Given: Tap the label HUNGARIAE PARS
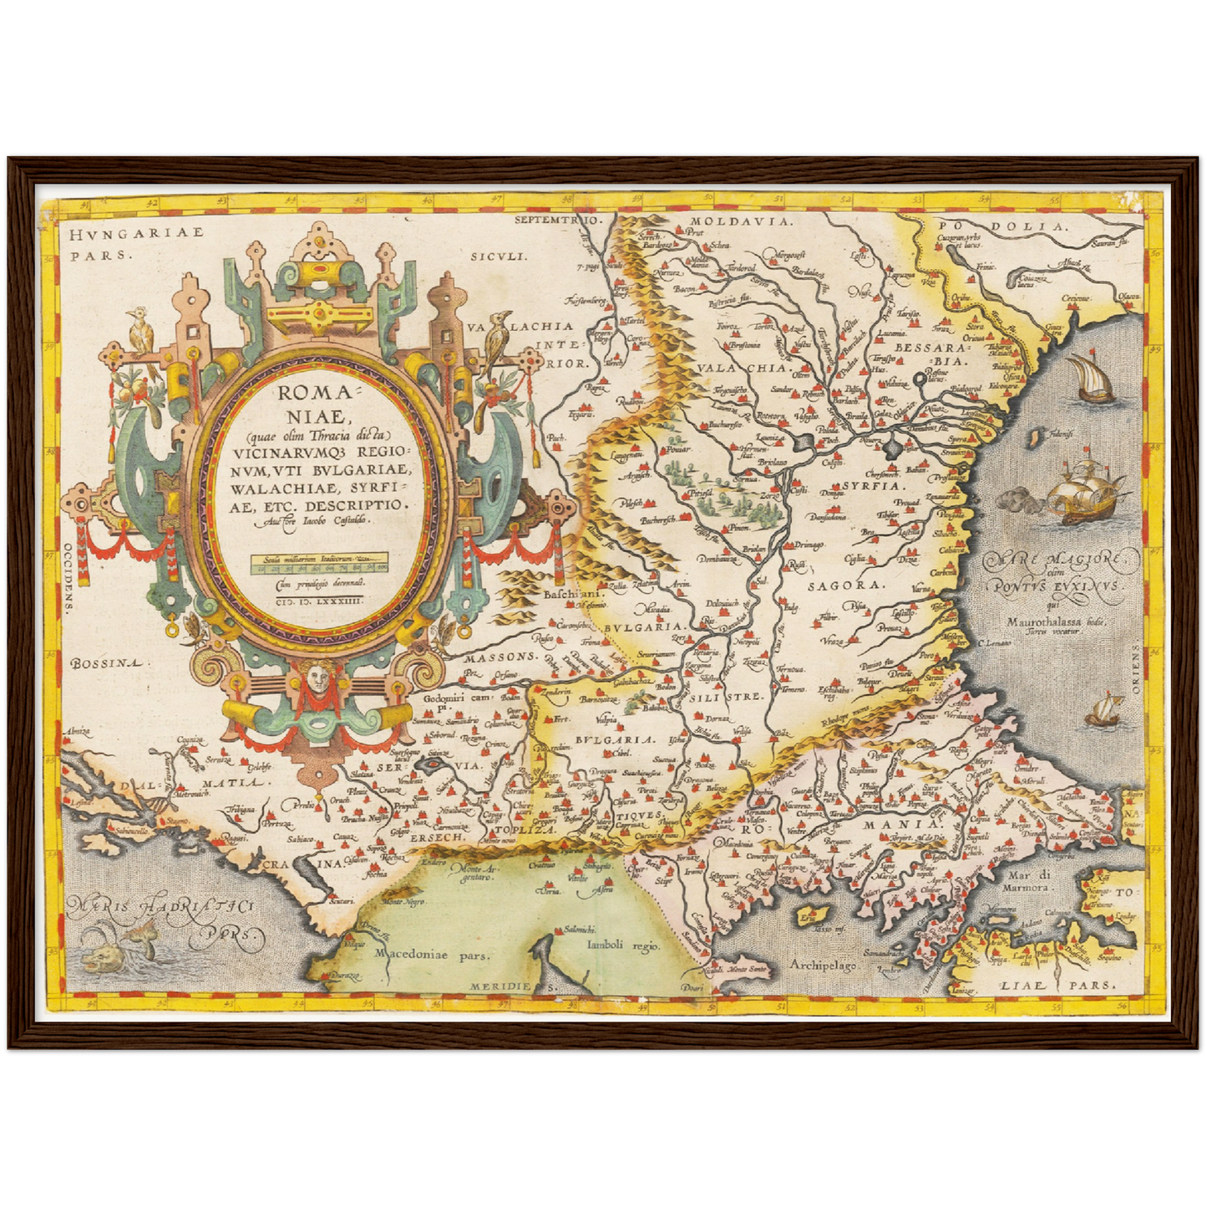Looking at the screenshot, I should point(136,244).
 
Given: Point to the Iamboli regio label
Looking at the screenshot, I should point(623,946).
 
